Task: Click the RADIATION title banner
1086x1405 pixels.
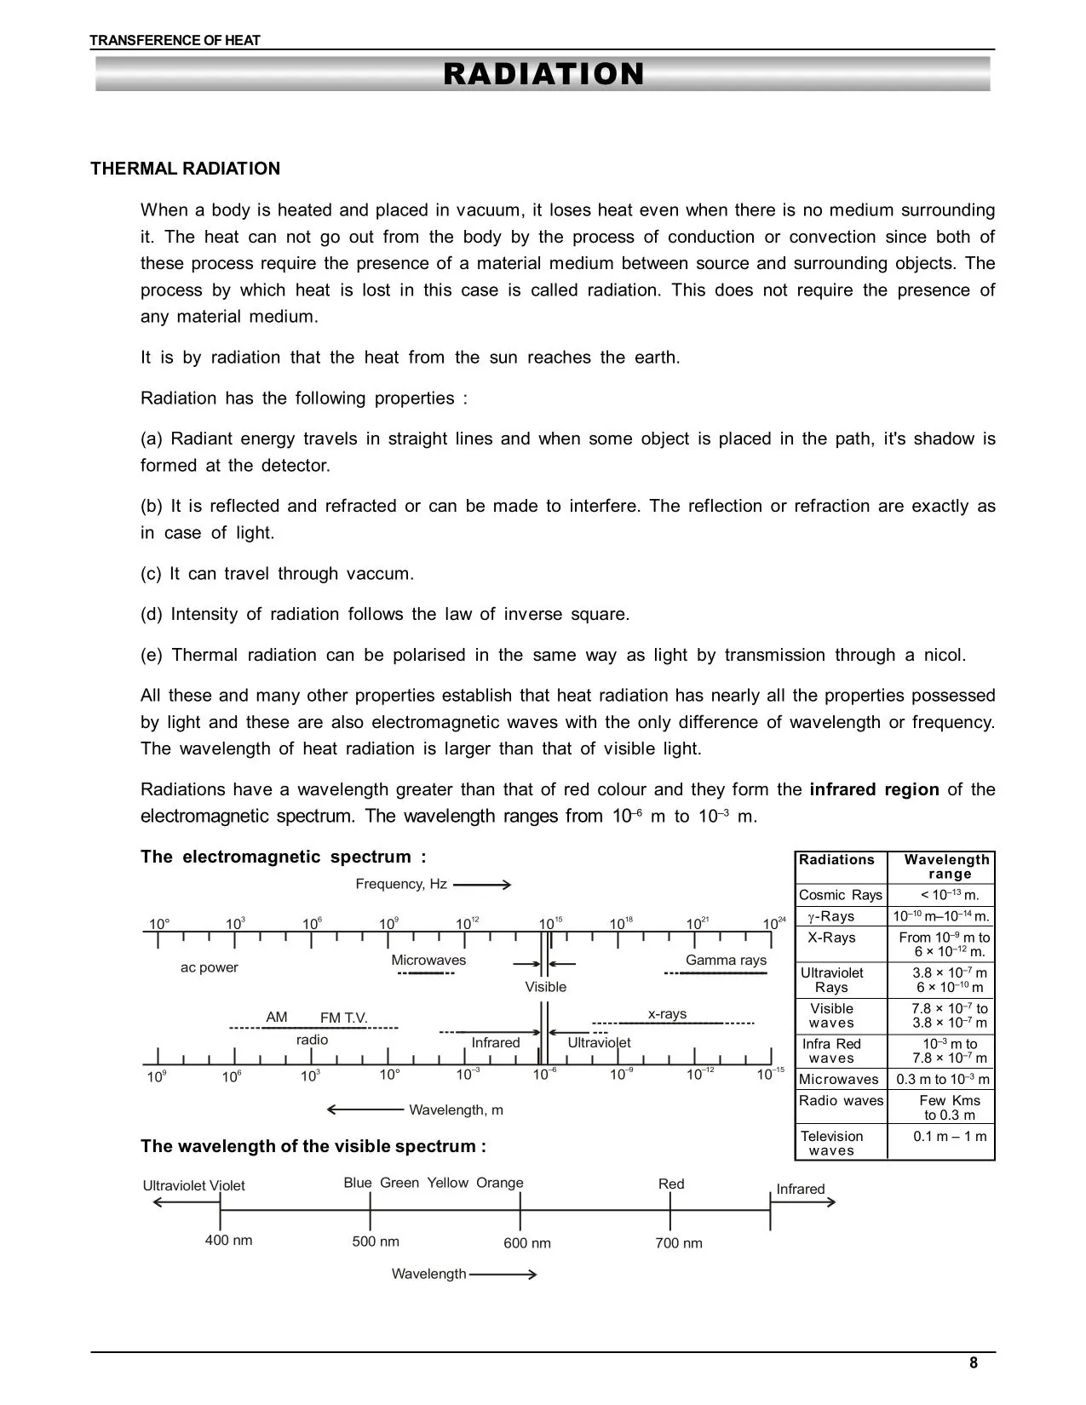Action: [x=543, y=74]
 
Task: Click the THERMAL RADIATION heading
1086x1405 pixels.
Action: [x=185, y=169]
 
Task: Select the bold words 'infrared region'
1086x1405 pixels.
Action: [x=873, y=789]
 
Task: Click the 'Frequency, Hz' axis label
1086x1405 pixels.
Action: [x=401, y=884]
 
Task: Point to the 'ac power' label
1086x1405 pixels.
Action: [x=209, y=967]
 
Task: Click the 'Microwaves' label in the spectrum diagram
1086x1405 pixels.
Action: [x=428, y=960]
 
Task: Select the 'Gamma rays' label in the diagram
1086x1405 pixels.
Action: [x=726, y=960]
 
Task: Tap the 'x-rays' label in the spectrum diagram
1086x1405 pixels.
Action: [x=667, y=1013]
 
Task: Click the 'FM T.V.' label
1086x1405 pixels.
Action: [x=343, y=1018]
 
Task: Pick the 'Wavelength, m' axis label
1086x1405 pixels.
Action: [x=456, y=1110]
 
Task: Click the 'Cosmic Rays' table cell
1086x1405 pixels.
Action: [x=840, y=895]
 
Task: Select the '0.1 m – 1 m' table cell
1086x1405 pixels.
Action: [x=949, y=1136]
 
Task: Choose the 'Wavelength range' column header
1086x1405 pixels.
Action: [x=946, y=867]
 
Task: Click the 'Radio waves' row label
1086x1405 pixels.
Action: [x=841, y=1100]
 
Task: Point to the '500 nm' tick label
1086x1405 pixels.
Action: [x=376, y=1242]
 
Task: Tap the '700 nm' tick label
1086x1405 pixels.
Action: [x=678, y=1243]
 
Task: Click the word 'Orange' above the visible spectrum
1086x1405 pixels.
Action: [x=499, y=1183]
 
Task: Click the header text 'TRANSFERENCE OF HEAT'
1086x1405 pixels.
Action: [x=175, y=40]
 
